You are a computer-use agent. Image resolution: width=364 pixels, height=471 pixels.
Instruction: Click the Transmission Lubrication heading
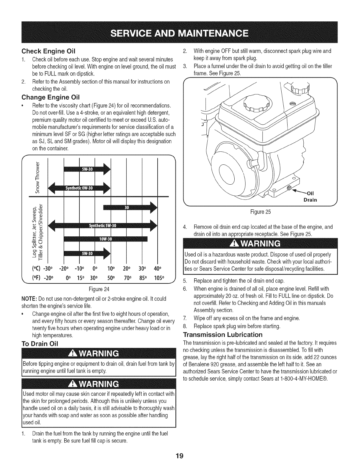(x=223, y=334)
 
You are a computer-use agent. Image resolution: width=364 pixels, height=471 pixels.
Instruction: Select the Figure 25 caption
(x=261, y=212)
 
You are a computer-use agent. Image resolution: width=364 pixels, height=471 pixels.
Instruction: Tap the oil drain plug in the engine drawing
(x=289, y=188)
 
